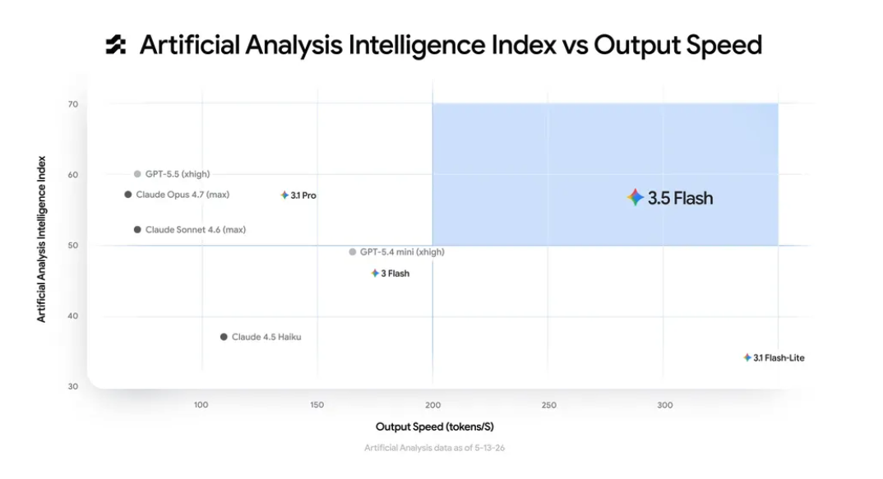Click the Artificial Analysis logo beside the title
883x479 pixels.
pos(116,45)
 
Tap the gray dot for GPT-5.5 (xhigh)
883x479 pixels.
pos(137,174)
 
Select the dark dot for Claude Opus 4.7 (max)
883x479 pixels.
pos(127,195)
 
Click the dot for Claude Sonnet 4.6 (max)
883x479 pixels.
pos(137,230)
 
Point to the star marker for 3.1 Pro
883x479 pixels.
pos(284,196)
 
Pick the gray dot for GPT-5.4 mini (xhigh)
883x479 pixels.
pos(353,252)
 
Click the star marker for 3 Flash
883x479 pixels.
pos(375,274)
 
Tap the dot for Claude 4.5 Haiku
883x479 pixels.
pos(224,337)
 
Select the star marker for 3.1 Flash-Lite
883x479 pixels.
pos(747,358)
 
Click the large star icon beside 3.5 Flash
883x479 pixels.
pos(636,197)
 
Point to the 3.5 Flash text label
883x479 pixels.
pos(680,198)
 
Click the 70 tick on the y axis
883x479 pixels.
pos(73,104)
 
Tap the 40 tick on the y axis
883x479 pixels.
pos(73,315)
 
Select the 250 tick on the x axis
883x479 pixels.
pos(549,405)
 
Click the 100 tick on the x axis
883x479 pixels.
pos(201,405)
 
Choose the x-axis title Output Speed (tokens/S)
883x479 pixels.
pos(435,426)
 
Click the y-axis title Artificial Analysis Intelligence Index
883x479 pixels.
pos(41,239)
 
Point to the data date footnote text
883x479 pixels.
pos(435,448)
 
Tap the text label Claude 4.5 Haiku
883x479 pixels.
pos(266,337)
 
